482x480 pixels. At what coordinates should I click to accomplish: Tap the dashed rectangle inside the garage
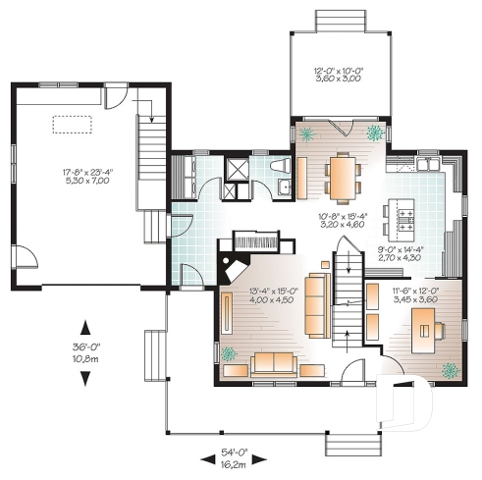[x=72, y=123]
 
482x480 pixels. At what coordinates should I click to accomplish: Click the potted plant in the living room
[x=229, y=353]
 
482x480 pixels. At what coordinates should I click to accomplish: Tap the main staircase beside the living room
[x=345, y=294]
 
